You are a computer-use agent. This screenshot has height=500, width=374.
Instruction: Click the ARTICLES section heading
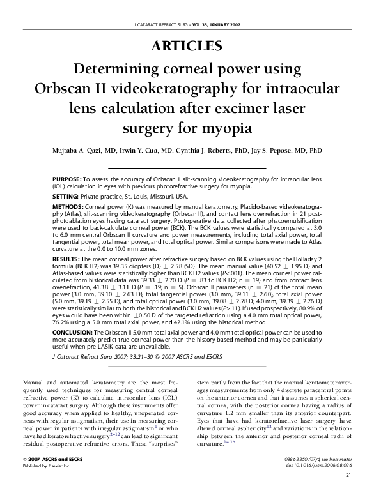click(x=187, y=46)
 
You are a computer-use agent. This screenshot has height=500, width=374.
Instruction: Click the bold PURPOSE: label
click(x=66, y=179)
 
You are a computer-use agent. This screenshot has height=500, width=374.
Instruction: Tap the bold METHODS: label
click(x=66, y=207)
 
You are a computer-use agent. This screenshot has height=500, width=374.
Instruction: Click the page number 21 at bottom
click(x=348, y=492)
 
